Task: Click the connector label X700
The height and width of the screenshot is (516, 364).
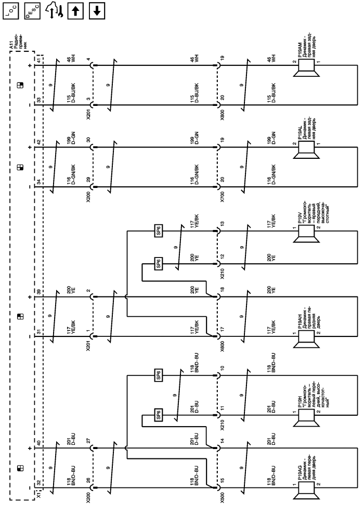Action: pyautogui.click(x=223, y=194)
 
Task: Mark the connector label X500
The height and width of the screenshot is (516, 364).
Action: pyautogui.click(x=223, y=498)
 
